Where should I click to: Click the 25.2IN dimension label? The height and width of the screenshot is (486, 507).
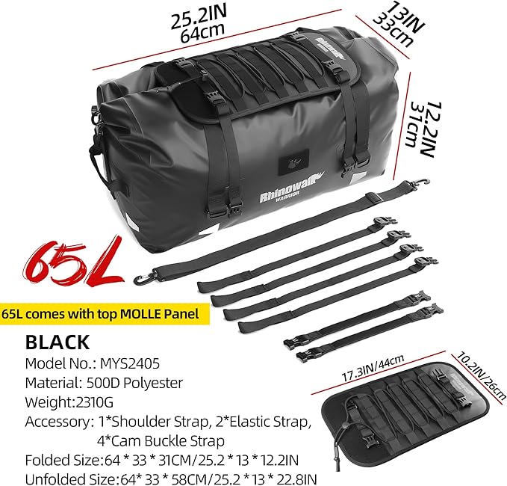(x=199, y=16)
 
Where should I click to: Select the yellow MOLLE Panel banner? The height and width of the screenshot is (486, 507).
(x=105, y=314)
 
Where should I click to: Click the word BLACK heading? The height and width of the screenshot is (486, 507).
(x=57, y=342)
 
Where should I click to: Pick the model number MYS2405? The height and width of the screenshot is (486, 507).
(x=130, y=363)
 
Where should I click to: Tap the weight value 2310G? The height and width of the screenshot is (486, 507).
(x=94, y=402)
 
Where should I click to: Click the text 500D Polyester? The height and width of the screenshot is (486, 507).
(x=134, y=383)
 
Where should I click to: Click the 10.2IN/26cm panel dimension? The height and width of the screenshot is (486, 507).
(x=481, y=375)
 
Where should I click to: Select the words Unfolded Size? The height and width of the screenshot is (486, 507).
(x=70, y=479)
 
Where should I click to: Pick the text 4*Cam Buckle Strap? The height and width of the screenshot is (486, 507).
(x=161, y=441)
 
